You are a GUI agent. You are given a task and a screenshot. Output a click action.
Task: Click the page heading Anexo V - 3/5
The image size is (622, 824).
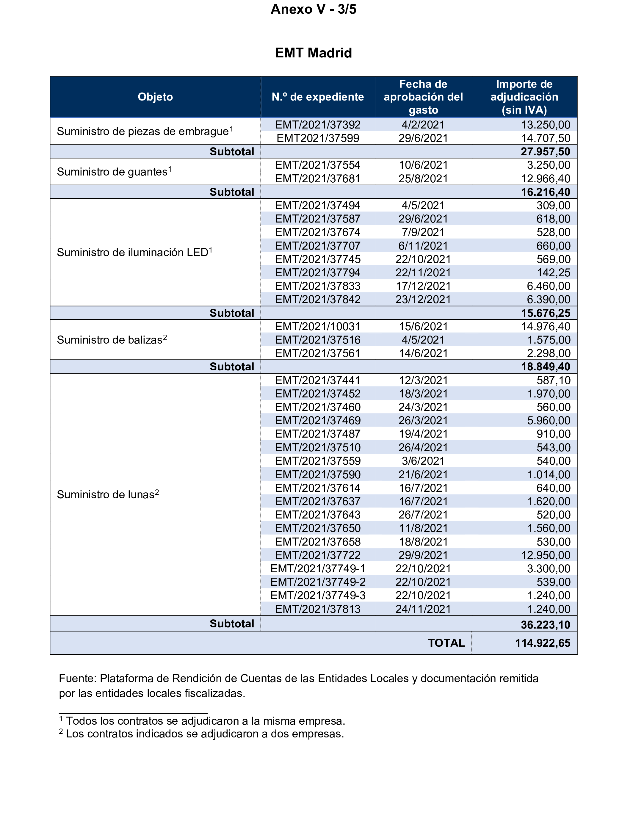click(313, 9)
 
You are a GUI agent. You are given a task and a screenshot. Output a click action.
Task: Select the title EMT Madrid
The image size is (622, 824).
click(313, 53)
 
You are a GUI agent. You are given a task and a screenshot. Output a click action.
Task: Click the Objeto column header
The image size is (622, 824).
click(155, 97)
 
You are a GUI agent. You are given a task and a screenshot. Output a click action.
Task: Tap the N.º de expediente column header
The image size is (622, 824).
click(318, 97)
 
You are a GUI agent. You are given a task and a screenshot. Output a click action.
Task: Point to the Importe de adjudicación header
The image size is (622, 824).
click(524, 97)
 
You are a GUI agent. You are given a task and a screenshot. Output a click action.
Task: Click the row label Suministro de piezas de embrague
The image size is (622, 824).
click(145, 131)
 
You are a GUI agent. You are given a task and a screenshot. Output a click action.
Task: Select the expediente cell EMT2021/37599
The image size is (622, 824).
click(318, 138)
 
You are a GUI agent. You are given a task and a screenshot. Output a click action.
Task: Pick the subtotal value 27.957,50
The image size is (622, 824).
click(545, 152)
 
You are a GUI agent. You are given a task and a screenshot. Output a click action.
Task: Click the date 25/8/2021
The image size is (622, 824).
click(423, 178)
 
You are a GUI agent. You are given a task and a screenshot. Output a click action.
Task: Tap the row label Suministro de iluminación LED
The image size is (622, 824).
click(134, 252)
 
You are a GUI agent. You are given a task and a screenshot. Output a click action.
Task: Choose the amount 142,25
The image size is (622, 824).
click(554, 273)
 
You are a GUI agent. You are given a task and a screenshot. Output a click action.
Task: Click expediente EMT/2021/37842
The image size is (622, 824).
click(318, 300)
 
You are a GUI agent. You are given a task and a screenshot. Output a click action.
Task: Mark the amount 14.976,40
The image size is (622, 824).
click(545, 326)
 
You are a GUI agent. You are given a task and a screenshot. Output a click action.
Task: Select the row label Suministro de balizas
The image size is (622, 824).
click(112, 340)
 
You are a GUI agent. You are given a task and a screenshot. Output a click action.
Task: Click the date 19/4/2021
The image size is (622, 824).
click(423, 434)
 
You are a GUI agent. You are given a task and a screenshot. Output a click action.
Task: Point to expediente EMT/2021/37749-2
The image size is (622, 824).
click(318, 582)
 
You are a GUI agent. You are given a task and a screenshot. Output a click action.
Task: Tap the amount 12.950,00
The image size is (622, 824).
click(545, 555)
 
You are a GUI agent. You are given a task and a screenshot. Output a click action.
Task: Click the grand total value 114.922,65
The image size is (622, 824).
click(542, 643)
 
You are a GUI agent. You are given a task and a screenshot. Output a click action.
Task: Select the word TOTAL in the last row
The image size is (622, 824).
click(446, 643)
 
